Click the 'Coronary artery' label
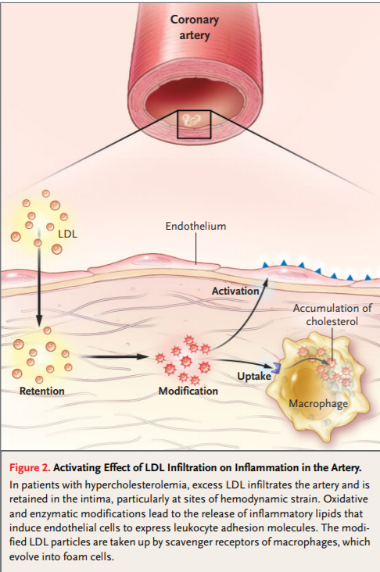pos(195,27)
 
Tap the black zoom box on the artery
pos(177,124)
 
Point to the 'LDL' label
pos(68,234)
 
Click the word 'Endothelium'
pos(195,226)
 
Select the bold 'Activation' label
pos(235,291)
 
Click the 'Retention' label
pos(42,391)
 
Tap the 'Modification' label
pos(188,391)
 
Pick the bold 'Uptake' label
pos(254,376)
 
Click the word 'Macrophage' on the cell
pos(318,404)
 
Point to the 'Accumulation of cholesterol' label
pos(332,315)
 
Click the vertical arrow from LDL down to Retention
pos(38,277)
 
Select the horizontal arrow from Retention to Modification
pos(113,356)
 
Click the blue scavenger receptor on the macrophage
pos(275,368)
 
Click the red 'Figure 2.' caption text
pos(30,467)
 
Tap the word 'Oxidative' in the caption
pos(346,499)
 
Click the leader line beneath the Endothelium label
pos(196,248)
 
